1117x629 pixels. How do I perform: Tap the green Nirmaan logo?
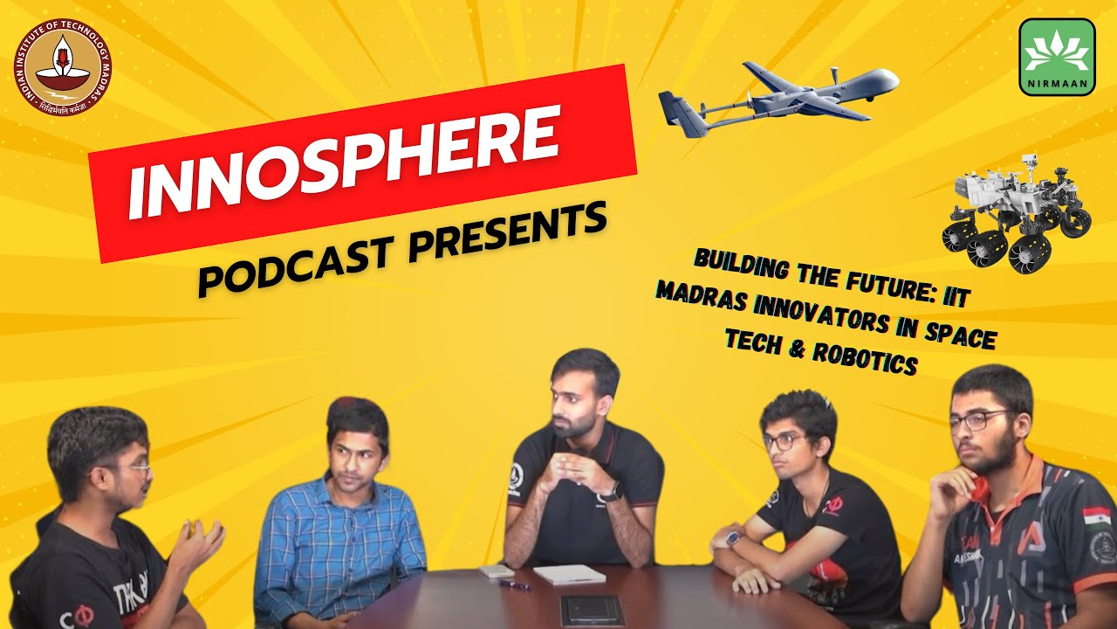tap(1057, 57)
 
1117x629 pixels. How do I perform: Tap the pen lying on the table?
tap(515, 584)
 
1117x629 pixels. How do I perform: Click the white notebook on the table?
tap(569, 574)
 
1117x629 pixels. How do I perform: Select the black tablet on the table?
tap(592, 609)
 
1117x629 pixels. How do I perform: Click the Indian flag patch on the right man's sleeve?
tap(1094, 515)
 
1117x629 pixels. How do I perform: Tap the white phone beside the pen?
tap(496, 570)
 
